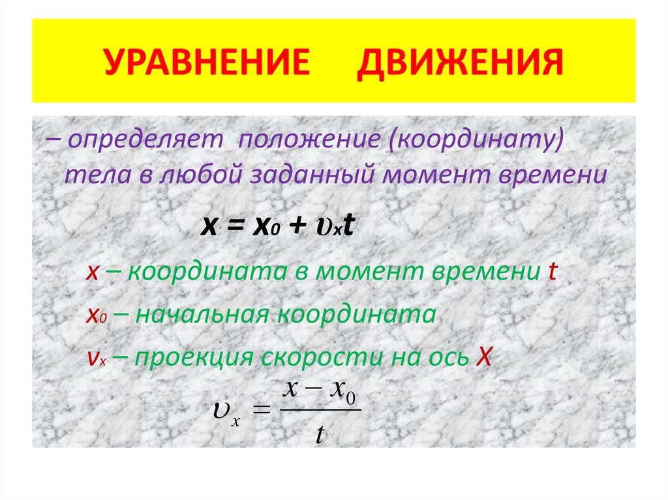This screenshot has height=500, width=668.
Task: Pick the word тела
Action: pyautogui.click(x=89, y=175)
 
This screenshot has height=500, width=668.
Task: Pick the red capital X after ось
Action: pyautogui.click(x=483, y=357)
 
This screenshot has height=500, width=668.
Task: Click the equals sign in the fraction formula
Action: pyautogui.click(x=260, y=410)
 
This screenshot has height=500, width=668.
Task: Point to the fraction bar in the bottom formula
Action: pyautogui.click(x=319, y=411)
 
